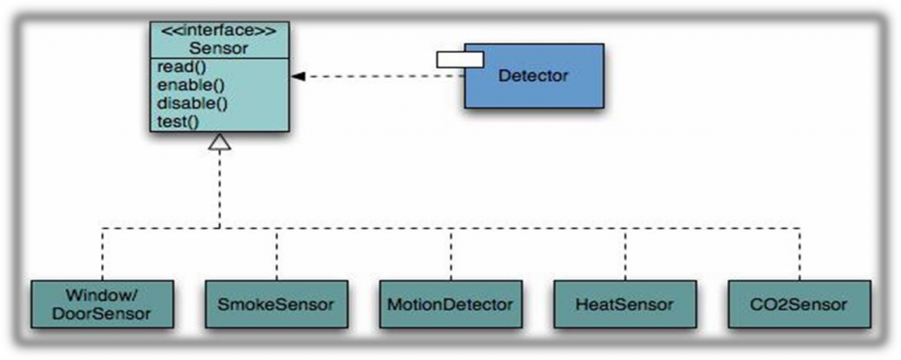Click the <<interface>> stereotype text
click(x=218, y=31)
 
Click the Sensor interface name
click(x=218, y=48)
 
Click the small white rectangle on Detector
click(x=460, y=59)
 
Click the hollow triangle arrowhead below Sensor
click(x=219, y=141)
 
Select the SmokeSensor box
click(x=275, y=305)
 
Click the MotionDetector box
click(x=450, y=305)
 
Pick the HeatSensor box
click(x=626, y=305)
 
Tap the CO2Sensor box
click(x=800, y=305)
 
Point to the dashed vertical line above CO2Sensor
click(x=800, y=255)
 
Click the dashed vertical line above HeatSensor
click(x=626, y=255)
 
